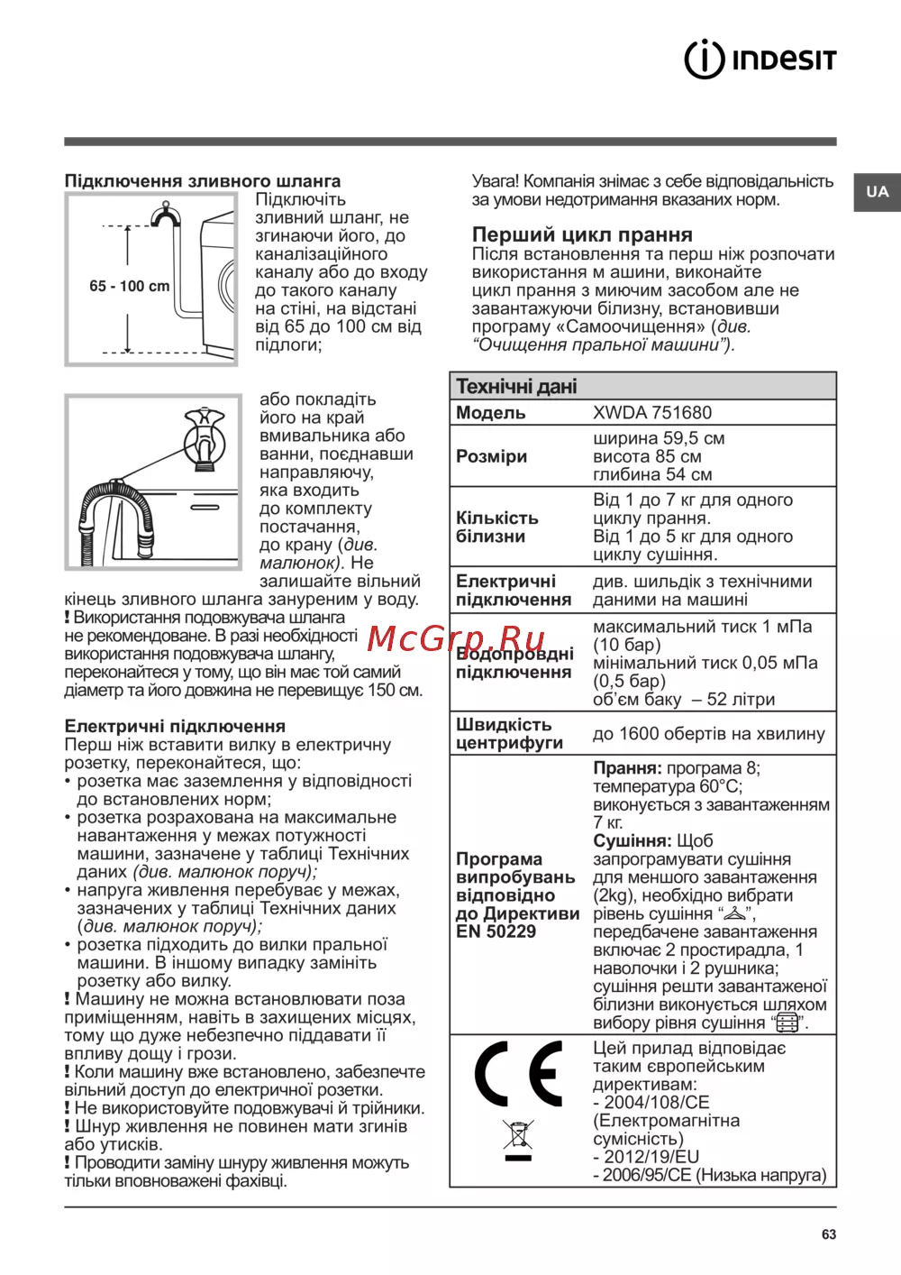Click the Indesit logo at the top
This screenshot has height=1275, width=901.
[x=760, y=60]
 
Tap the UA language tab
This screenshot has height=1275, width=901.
[x=877, y=191]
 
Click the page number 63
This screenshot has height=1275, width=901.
[x=829, y=1234]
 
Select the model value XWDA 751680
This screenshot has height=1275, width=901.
[x=652, y=413]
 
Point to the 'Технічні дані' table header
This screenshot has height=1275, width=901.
[x=516, y=387]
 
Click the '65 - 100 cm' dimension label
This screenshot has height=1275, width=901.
[x=130, y=286]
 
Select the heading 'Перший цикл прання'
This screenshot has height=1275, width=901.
[x=582, y=234]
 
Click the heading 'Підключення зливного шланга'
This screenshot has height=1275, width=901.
[x=203, y=181]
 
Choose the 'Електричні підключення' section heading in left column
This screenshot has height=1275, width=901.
[x=175, y=726]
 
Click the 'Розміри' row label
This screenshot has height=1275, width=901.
[x=491, y=456]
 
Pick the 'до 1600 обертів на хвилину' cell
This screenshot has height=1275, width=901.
[x=708, y=734]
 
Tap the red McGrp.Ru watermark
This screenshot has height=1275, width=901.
[x=456, y=638]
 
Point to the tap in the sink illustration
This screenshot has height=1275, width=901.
[x=205, y=437]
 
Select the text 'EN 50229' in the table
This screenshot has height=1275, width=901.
[x=496, y=931]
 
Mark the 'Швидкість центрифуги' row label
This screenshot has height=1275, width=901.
[x=509, y=734]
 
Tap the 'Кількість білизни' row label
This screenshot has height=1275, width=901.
[x=496, y=527]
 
